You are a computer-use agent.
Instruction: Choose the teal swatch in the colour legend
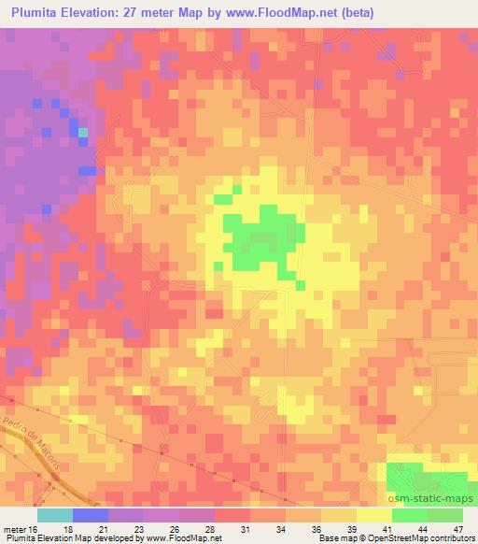[55, 515]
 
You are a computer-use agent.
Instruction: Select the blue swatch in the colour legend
[91, 515]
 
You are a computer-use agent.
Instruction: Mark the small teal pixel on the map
[83, 133]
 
